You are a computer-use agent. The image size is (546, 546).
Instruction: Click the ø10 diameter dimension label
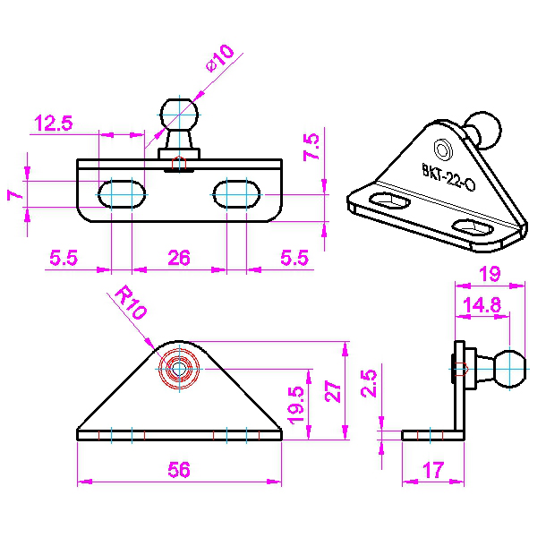220,58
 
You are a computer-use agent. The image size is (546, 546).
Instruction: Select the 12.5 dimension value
54,123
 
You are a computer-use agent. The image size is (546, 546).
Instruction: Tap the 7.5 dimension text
311,146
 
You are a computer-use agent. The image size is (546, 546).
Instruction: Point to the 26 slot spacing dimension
179,258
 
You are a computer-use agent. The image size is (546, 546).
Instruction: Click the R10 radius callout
130,302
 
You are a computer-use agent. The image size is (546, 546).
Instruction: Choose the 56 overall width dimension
179,470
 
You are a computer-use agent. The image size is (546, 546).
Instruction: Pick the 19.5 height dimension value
296,405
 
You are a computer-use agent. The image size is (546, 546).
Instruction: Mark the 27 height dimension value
333,392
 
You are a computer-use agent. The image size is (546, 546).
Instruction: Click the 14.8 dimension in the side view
482,305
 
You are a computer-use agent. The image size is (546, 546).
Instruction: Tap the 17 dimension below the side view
433,470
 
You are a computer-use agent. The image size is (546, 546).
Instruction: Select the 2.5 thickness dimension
369,383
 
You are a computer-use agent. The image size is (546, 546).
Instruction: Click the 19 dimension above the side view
490,274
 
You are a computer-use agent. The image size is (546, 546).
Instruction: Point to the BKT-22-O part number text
448,177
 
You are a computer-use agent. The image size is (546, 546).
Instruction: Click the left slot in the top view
122,194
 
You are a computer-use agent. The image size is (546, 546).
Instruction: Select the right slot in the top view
236,194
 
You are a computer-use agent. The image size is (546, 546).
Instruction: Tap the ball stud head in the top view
179,115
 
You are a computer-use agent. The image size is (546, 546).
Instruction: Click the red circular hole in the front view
179,369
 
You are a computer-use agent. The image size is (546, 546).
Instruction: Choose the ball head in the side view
509,369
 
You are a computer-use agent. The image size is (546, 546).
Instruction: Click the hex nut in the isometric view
443,149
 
